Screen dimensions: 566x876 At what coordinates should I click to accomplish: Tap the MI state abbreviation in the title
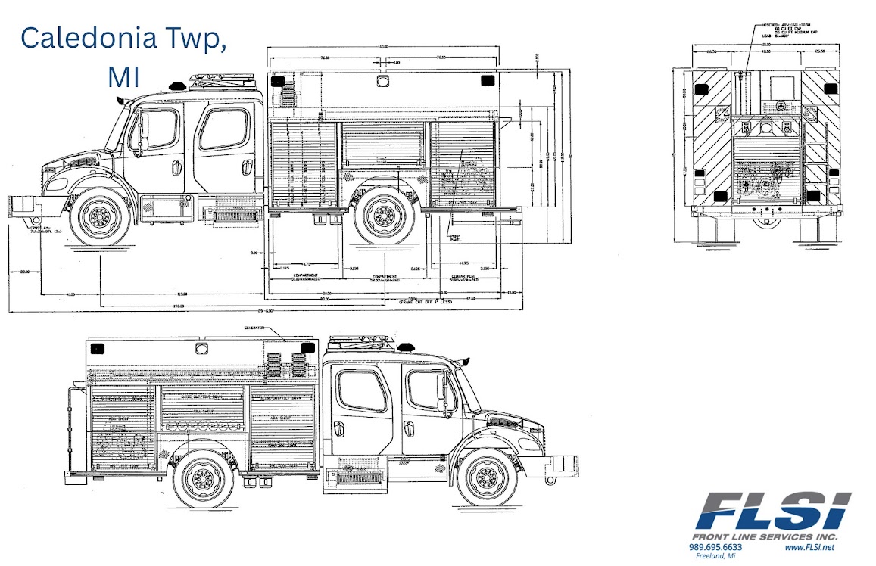(123, 76)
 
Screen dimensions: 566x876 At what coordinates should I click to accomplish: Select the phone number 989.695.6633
(715, 547)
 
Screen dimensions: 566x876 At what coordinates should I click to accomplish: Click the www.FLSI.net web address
(809, 547)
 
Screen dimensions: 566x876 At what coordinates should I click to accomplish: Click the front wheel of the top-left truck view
(100, 218)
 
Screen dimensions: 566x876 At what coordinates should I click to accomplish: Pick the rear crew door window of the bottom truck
(361, 390)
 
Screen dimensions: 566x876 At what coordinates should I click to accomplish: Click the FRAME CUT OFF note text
(426, 303)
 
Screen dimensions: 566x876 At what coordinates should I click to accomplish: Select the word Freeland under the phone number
(709, 556)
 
